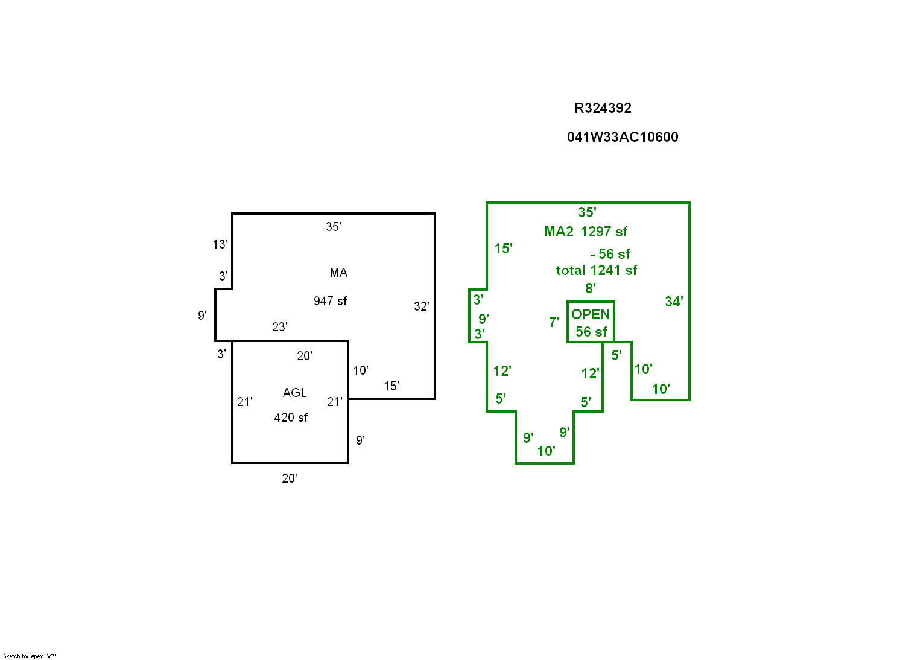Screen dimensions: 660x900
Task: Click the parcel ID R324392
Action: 603,109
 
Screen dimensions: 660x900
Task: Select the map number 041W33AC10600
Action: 623,138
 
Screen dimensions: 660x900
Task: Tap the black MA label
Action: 338,273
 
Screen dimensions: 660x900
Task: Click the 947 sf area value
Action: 330,301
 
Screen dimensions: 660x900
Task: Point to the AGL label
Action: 294,393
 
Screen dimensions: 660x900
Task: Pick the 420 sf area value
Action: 291,417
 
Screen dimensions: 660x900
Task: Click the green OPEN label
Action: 591,314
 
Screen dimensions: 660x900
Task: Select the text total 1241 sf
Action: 596,270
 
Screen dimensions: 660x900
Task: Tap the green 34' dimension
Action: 674,302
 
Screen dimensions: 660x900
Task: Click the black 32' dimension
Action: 421,306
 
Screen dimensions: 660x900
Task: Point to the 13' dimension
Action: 220,244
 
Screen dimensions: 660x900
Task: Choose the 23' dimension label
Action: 280,327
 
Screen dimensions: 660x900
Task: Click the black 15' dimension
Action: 391,386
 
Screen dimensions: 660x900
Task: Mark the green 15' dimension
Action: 503,249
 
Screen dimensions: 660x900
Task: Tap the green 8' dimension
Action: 590,288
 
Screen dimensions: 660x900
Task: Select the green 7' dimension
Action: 554,322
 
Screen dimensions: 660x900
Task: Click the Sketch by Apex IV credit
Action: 30,656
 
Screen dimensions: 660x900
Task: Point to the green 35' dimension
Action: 587,212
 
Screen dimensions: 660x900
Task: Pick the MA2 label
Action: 559,232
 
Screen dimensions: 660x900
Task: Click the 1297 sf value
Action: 604,232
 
